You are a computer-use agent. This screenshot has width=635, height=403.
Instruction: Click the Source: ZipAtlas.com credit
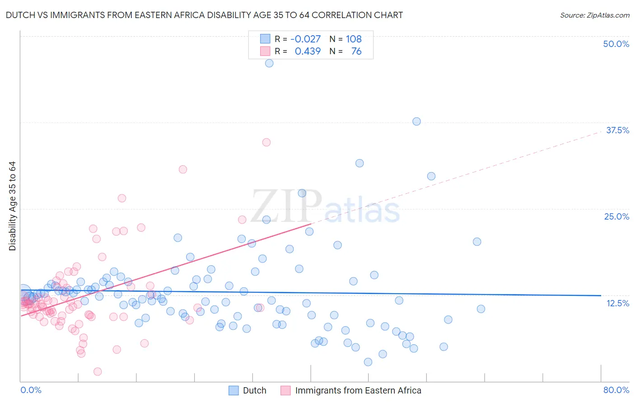pos(594,15)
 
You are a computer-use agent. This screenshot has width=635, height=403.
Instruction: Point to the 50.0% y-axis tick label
pos(616,44)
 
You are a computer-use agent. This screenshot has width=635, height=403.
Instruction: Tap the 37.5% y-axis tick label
pos(617,130)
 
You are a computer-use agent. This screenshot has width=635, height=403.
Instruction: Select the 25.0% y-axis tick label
pos(616,216)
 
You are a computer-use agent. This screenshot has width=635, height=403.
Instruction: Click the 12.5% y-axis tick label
pos(617,303)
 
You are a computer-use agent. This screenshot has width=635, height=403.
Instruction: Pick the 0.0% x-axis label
pos(31,390)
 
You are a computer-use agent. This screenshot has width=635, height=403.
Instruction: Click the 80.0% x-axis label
pos(616,390)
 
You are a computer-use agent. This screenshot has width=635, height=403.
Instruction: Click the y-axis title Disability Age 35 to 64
pos(12,206)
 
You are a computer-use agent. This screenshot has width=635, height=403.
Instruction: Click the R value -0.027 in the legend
pos(305,39)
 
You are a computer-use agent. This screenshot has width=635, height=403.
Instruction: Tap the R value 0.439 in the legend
pos(308,51)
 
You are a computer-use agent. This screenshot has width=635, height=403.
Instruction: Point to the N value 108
pos(354,39)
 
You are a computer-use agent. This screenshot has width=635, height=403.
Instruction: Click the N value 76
pos(356,51)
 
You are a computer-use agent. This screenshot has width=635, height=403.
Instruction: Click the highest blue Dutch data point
pos(269,63)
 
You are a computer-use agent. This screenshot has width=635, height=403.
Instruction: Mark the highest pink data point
pos(266,142)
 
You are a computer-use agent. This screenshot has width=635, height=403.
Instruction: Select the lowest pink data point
pos(98,371)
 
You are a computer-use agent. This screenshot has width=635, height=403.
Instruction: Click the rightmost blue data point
pos(481,309)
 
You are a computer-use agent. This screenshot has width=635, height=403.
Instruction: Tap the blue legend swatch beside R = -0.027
pos(265,39)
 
